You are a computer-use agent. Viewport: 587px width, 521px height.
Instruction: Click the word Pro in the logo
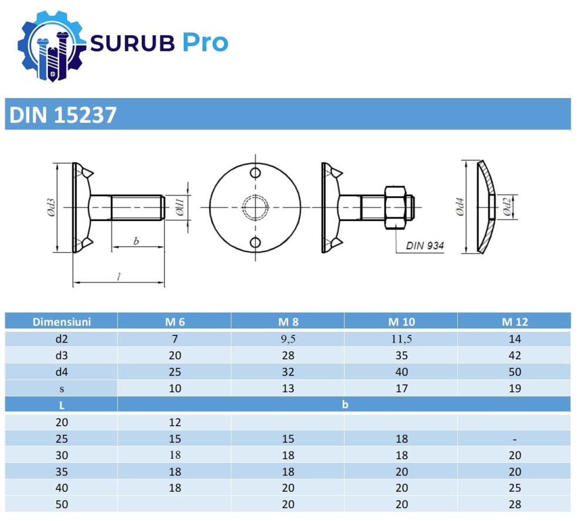(204, 43)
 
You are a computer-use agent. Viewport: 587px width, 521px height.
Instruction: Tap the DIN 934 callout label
(425, 246)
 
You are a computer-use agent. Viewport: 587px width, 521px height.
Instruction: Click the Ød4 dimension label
(461, 207)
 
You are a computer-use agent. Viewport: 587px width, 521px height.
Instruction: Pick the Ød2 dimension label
(508, 207)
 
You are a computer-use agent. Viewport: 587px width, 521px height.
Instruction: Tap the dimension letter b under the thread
(136, 241)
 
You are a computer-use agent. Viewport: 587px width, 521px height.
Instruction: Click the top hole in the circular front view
(255, 173)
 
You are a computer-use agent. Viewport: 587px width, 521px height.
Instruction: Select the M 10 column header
(401, 322)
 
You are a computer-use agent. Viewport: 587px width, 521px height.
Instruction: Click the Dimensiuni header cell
(62, 322)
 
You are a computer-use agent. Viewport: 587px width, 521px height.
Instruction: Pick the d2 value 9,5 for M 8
(288, 339)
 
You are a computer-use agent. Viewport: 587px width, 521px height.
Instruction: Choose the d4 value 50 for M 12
(515, 372)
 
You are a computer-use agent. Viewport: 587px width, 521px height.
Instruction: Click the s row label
(62, 388)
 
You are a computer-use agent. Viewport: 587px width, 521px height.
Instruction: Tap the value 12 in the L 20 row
(174, 422)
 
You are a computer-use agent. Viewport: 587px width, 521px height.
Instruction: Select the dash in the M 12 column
(515, 439)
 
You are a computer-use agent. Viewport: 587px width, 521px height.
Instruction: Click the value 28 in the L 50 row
(515, 505)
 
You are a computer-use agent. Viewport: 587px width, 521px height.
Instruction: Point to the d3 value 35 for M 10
(401, 355)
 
